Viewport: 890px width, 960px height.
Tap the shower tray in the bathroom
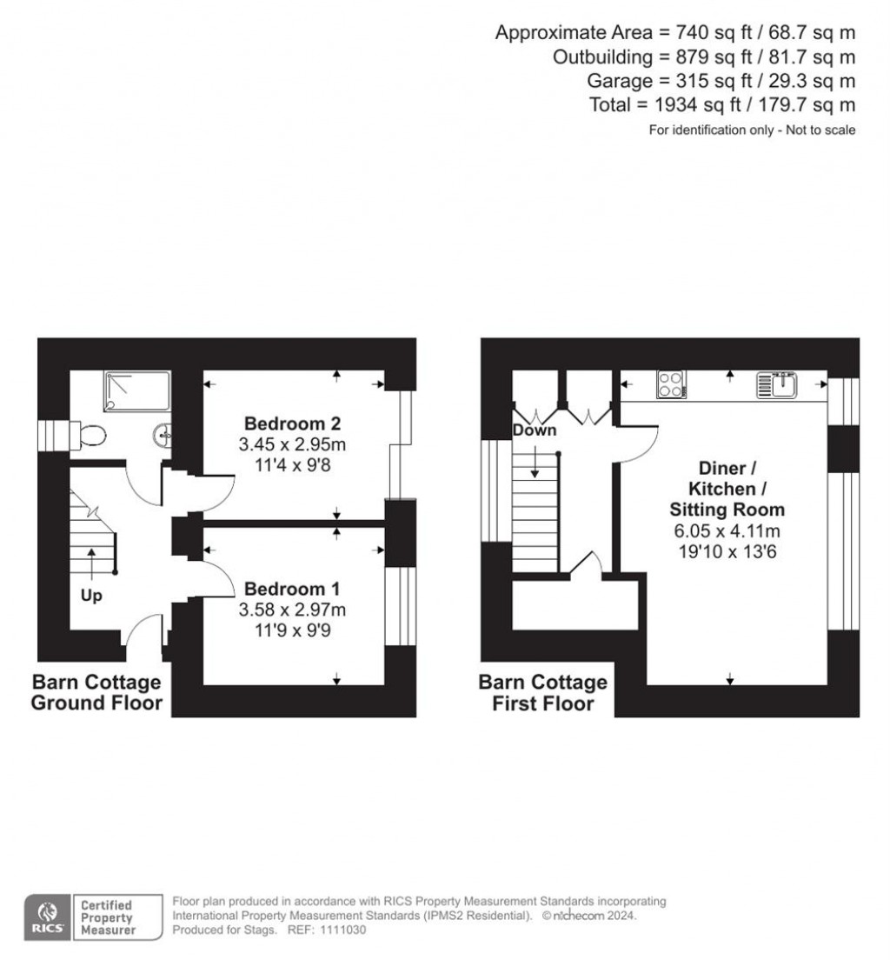point(137,390)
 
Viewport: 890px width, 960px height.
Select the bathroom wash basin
point(163,436)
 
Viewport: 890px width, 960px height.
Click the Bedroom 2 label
point(292,423)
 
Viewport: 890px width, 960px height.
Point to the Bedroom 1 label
point(292,589)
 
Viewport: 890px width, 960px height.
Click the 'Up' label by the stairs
point(91,596)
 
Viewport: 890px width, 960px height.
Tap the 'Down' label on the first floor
point(535,430)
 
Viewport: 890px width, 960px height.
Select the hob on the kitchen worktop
point(671,384)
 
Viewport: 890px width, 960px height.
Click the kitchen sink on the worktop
point(777,384)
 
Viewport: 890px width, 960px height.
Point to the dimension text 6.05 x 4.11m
point(727,530)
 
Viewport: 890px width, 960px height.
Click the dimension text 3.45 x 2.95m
point(292,443)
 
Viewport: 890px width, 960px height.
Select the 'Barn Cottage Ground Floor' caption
point(96,692)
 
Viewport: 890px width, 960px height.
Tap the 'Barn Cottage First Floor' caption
point(543,692)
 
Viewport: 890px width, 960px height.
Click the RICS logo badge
point(48,917)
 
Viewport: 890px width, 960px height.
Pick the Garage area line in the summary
point(721,81)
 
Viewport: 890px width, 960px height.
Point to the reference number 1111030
point(342,930)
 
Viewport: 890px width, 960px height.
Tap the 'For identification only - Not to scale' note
point(753,130)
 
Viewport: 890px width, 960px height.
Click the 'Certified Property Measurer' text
point(107,917)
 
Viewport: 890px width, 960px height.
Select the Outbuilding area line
point(704,57)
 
